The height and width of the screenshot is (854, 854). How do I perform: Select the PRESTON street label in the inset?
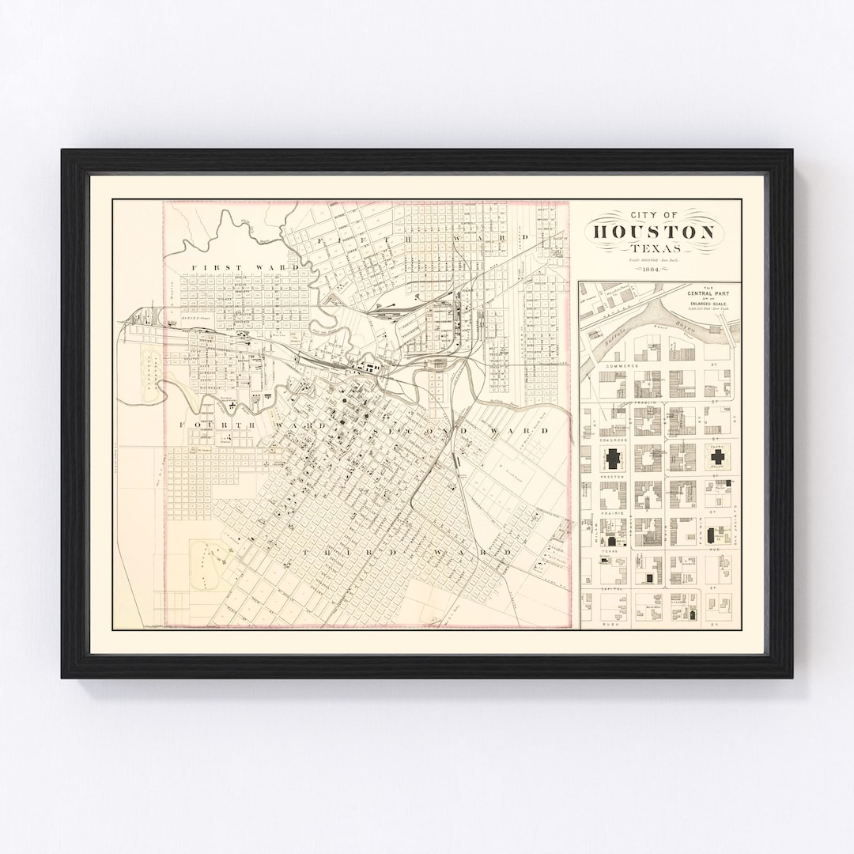(612, 477)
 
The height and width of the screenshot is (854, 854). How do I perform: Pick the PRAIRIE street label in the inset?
(612, 513)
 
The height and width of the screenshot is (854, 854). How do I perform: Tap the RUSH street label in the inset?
(609, 624)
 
